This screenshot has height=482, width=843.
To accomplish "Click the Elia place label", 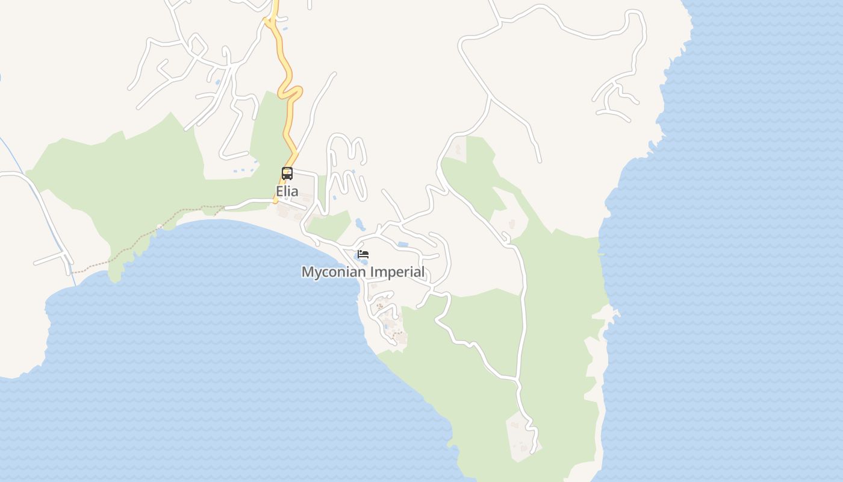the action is pyautogui.click(x=287, y=192).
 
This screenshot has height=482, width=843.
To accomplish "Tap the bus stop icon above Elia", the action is pyautogui.click(x=287, y=174).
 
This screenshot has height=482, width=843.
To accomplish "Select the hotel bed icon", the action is pyautogui.click(x=362, y=254).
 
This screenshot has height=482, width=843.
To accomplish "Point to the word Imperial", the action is pyautogui.click(x=397, y=272).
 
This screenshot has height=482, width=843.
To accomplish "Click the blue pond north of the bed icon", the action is pyautogui.click(x=360, y=225).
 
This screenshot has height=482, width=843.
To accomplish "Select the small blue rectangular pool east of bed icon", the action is pyautogui.click(x=403, y=245).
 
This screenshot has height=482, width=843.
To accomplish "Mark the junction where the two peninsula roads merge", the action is pyautogui.click(x=517, y=379).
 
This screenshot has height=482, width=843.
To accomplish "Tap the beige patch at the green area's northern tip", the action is pyautogui.click(x=458, y=148).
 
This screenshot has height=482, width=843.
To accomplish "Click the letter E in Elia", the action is pyautogui.click(x=279, y=192).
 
